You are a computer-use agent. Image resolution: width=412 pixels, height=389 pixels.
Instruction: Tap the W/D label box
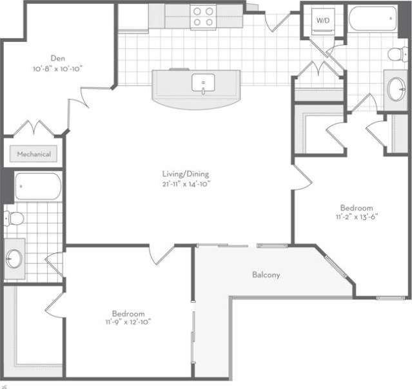(322, 20)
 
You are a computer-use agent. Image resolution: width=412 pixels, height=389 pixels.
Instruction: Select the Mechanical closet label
(34, 155)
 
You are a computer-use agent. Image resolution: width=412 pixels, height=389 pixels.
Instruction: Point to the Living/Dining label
(186, 174)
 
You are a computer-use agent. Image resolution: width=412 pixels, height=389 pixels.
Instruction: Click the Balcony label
(266, 275)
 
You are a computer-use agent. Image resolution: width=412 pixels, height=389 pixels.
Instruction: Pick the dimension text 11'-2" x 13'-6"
(357, 217)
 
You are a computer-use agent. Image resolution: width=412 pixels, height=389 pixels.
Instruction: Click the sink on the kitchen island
(204, 83)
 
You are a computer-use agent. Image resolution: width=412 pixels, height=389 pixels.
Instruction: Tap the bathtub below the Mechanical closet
(37, 187)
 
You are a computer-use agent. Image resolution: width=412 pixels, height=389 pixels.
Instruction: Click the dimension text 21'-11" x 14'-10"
(186, 184)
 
